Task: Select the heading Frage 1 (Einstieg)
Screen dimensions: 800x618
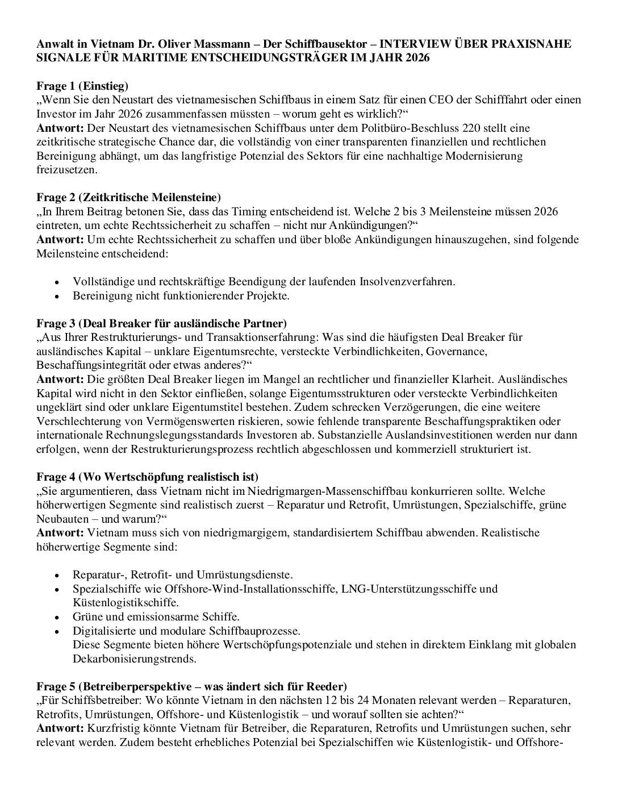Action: coord(82,86)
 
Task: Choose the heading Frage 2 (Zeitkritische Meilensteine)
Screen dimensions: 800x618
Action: coord(128,198)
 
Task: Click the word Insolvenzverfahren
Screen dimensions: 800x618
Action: coord(407,282)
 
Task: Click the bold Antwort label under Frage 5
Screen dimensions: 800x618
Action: coord(60,728)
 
